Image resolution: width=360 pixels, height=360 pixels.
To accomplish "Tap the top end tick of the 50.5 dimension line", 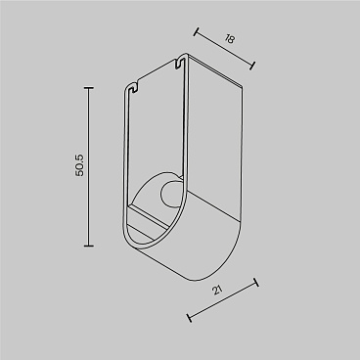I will pos(90,87).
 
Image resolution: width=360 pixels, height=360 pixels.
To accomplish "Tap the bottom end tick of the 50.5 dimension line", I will pos(90,247).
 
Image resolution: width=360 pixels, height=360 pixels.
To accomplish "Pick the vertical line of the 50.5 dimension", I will pos(90,166).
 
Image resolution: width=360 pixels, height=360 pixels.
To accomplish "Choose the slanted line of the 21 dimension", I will pos(222,299).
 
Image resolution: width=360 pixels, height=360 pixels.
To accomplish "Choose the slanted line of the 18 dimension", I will pos(224,48).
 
